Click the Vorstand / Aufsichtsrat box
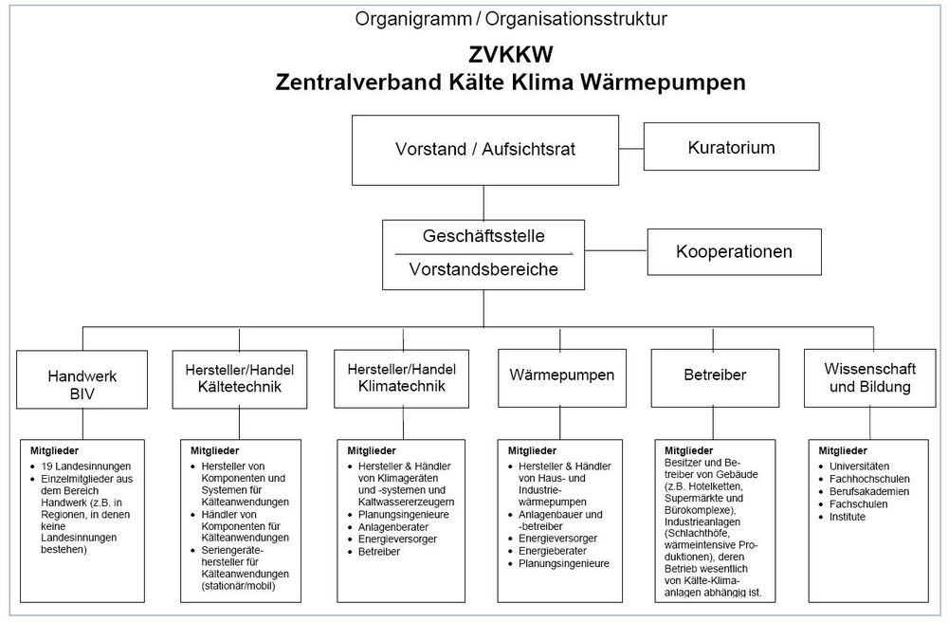pos(484,149)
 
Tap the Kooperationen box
pos(734,252)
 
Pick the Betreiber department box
pos(715,375)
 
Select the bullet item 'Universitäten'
pos(859,467)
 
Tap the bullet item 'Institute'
pos(848,517)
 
